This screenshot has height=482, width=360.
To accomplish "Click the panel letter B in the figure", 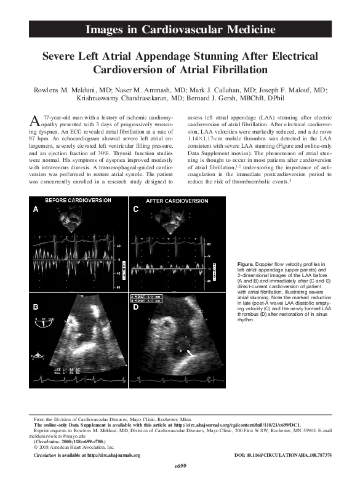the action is (x=35, y=306).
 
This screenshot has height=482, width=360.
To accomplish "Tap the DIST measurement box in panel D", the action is (x=148, y=299).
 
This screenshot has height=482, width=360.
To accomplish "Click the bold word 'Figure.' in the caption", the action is (x=246, y=263).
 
